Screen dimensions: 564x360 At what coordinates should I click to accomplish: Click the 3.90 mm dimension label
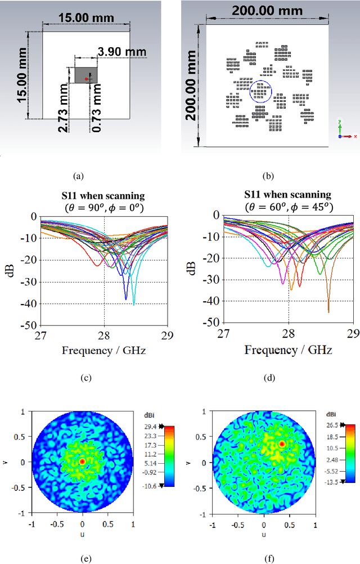[121, 52]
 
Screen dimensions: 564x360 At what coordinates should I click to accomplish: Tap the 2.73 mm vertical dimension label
[64, 108]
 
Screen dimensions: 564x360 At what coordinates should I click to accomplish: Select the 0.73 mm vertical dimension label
[98, 108]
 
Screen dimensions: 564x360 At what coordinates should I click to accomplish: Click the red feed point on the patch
[86, 79]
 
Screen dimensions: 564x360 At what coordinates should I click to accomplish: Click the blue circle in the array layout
[260, 91]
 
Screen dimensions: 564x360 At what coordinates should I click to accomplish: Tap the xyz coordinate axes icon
[344, 130]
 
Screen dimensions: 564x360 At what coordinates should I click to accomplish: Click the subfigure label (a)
[78, 176]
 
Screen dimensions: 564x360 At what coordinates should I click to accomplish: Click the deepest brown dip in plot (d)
[328, 311]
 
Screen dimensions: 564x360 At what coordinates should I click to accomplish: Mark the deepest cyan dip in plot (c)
[134, 304]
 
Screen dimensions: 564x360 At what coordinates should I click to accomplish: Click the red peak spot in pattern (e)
[82, 461]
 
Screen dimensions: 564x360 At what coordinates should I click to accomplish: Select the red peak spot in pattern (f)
[282, 444]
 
